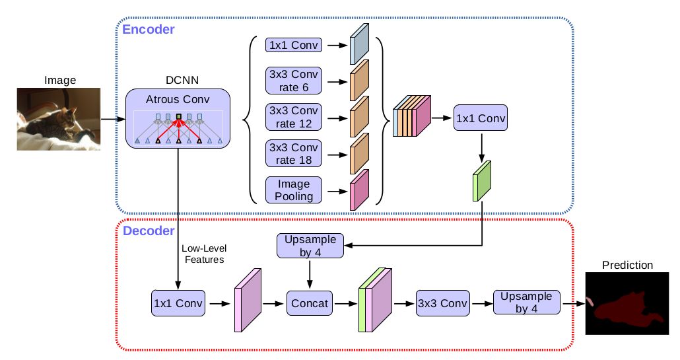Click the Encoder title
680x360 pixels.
[148, 29]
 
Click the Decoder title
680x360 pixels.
[148, 231]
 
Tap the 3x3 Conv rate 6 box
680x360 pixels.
[294, 81]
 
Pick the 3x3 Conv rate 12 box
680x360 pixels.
[294, 117]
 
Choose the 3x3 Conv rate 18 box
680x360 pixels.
[294, 153]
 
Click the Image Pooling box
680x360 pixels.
[294, 190]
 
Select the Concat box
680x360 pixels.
[309, 303]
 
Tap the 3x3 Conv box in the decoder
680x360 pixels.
[441, 303]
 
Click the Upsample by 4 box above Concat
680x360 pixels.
[311, 246]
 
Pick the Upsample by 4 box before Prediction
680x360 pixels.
[526, 303]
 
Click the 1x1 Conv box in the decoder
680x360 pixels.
[178, 303]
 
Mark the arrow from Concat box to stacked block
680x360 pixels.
[343, 303]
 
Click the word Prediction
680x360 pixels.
[627, 266]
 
